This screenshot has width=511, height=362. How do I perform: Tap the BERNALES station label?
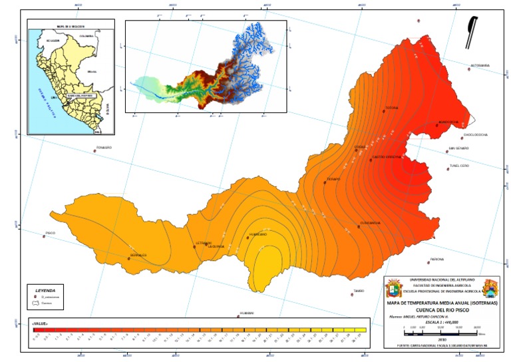click(x=138, y=255)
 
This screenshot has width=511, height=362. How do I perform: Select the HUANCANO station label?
click(x=257, y=234)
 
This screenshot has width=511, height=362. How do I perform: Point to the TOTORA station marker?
click(x=384, y=111)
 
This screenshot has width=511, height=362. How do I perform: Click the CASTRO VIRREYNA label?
click(x=384, y=157)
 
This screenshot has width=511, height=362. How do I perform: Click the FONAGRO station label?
click(x=104, y=147)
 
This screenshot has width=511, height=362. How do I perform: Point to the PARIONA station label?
click(x=436, y=259)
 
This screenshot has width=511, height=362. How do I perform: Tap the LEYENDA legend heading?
click(x=45, y=290)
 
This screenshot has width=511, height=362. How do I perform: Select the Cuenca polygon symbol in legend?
click(x=37, y=303)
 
